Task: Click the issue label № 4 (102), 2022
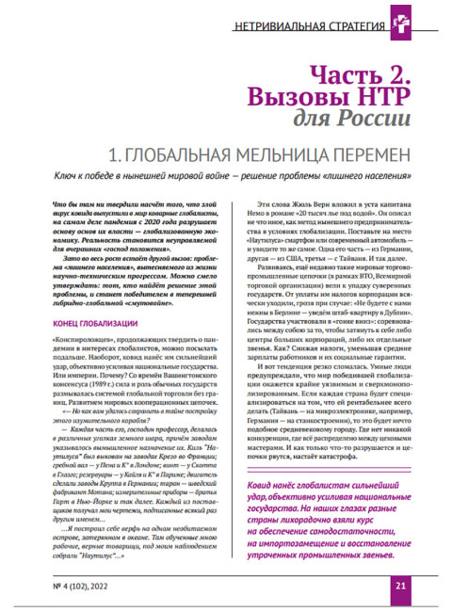pyautogui.click(x=80, y=585)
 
